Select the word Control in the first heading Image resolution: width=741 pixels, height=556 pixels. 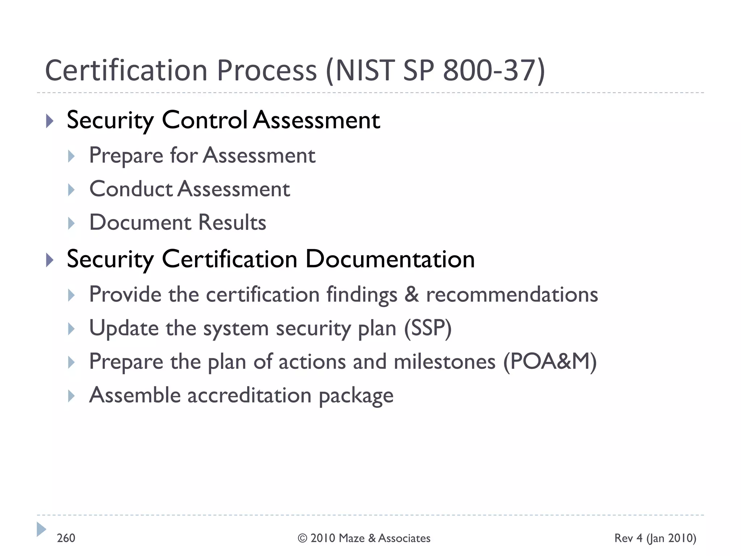click(x=204, y=120)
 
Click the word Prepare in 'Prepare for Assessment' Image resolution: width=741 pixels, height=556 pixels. click(x=126, y=156)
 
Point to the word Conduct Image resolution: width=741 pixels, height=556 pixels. click(x=131, y=189)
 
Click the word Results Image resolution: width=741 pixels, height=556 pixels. click(x=232, y=222)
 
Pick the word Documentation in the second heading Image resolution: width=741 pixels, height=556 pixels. click(x=390, y=259)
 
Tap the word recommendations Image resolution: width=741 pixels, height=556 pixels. click(x=512, y=294)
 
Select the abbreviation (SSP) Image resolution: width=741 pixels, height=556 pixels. click(x=428, y=328)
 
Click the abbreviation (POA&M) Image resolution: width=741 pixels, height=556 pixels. click(x=550, y=362)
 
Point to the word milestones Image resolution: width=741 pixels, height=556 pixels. click(x=444, y=362)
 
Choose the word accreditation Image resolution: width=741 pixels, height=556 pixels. click(x=249, y=395)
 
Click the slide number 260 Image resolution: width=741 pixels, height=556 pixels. click(x=66, y=538)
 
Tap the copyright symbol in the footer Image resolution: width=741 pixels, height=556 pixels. click(x=302, y=538)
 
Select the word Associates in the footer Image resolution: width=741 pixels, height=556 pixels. click(x=404, y=538)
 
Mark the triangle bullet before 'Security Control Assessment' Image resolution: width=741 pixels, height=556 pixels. click(x=50, y=121)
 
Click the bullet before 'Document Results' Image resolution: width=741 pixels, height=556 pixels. click(x=71, y=223)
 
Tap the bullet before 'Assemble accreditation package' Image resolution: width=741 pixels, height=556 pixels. click(x=71, y=396)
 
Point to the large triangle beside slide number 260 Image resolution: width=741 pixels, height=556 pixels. click(x=41, y=529)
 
